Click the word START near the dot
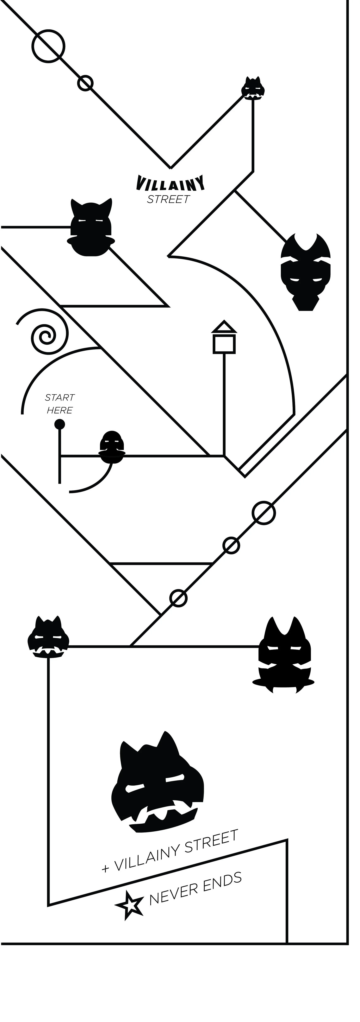coord(60,397)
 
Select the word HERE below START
coord(60,410)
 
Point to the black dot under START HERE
coord(60,424)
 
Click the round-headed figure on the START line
coord(112,447)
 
